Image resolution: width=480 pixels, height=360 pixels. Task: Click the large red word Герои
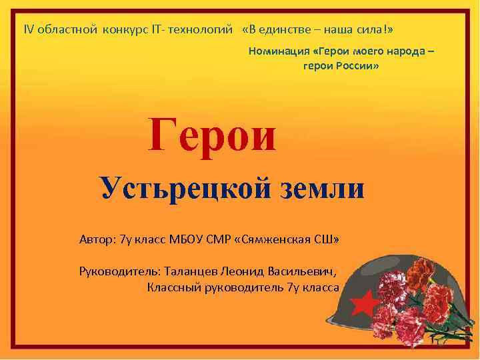pyautogui.click(x=212, y=134)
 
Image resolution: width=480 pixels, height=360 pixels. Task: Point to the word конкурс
pyautogui.click(x=124, y=30)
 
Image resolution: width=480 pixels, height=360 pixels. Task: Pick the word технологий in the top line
pyautogui.click(x=203, y=30)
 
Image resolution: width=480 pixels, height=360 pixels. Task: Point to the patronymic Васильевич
pyautogui.click(x=303, y=271)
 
